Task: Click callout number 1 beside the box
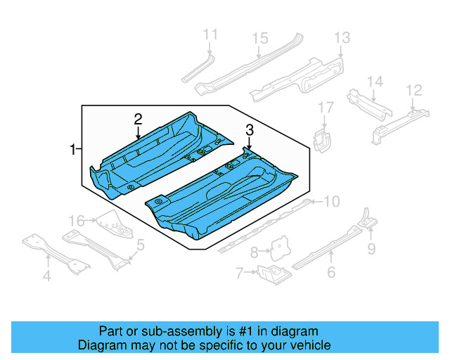point(72,149)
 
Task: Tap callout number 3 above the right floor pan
point(249,129)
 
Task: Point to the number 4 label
point(46,276)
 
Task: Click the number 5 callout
point(141,245)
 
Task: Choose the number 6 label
point(331,272)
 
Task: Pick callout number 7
point(239,272)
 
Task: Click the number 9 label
point(371,247)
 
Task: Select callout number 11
point(210,34)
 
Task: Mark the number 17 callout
point(325,108)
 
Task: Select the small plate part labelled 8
point(282,245)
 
